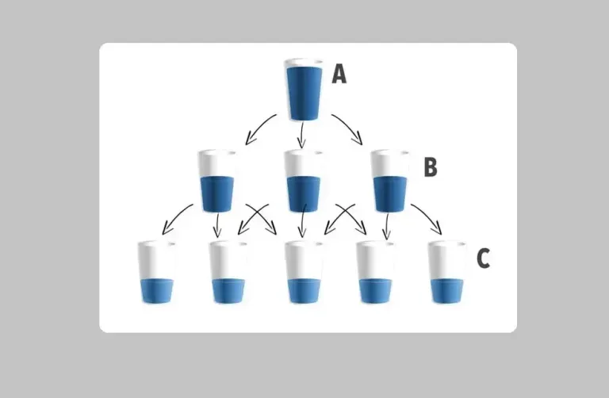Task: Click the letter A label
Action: [339, 75]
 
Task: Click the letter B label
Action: [431, 167]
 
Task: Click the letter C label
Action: [483, 258]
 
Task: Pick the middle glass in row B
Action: [302, 180]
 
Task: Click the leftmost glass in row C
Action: [156, 272]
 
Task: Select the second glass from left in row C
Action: [228, 272]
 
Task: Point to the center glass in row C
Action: [304, 272]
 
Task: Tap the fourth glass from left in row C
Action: [374, 272]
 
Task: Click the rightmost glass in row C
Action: [446, 272]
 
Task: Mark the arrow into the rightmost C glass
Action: [428, 219]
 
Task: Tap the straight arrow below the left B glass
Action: [218, 226]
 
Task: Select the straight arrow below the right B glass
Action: [386, 226]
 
